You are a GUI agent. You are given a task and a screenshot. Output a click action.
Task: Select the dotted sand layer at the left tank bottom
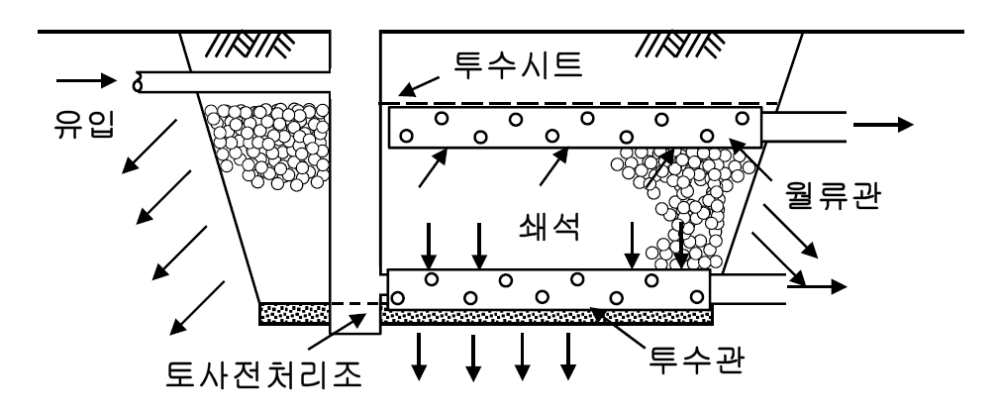(x=295, y=314)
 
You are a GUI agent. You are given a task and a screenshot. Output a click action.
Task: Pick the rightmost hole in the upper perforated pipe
(x=742, y=118)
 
